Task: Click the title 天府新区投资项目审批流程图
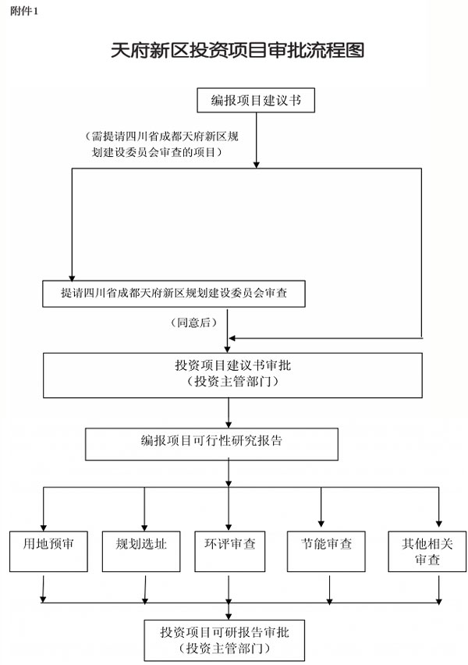(237, 51)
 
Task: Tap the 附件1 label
(24, 12)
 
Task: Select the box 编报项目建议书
(256, 100)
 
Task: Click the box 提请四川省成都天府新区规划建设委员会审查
(174, 293)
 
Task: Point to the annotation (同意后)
(193, 323)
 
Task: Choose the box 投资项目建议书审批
(232, 375)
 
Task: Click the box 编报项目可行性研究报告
(211, 444)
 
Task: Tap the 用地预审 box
(48, 551)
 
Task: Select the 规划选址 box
(141, 551)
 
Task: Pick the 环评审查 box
(230, 551)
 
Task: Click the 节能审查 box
(326, 551)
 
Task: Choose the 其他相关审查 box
(427, 551)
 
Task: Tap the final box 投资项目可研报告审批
(225, 640)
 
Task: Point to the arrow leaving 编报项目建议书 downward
(256, 140)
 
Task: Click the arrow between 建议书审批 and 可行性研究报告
(229, 413)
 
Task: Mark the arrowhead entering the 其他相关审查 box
(438, 524)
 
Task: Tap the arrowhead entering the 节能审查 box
(321, 524)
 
